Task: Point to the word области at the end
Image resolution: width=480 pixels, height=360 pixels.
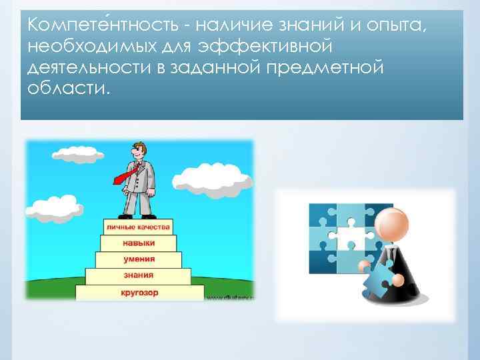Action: pyautogui.click(x=66, y=88)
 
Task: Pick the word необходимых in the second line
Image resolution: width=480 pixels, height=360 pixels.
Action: pyautogui.click(x=91, y=48)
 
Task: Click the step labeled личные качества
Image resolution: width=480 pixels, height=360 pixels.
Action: pyautogui.click(x=139, y=227)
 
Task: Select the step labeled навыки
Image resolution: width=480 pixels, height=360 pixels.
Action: pyautogui.click(x=139, y=243)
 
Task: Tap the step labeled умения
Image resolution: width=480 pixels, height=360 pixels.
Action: pyautogui.click(x=139, y=259)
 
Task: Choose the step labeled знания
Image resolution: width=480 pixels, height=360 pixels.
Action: pyautogui.click(x=139, y=275)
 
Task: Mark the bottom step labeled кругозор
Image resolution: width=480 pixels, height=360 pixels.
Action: pyautogui.click(x=139, y=292)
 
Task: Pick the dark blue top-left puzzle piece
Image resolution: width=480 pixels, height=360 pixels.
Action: pyautogui.click(x=321, y=217)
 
